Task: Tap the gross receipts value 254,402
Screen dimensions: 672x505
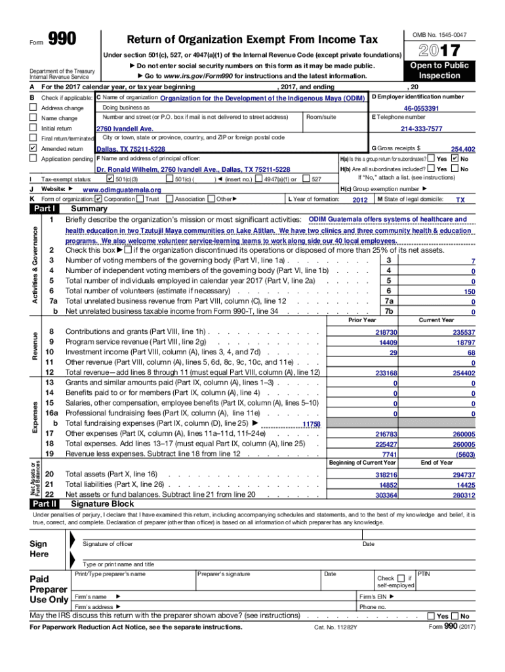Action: (462, 149)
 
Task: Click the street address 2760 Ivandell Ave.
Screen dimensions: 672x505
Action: (125, 129)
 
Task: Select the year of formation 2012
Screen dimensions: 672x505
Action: (360, 199)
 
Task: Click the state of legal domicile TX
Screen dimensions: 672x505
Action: (460, 199)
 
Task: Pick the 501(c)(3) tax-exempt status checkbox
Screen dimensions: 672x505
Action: (110, 178)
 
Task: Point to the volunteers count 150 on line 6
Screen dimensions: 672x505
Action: (469, 291)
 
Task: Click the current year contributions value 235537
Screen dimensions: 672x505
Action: (463, 333)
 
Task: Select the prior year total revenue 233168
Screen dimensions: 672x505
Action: (386, 373)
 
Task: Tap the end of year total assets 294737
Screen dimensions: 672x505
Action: (463, 474)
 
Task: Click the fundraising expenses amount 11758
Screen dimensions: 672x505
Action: (311, 425)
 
